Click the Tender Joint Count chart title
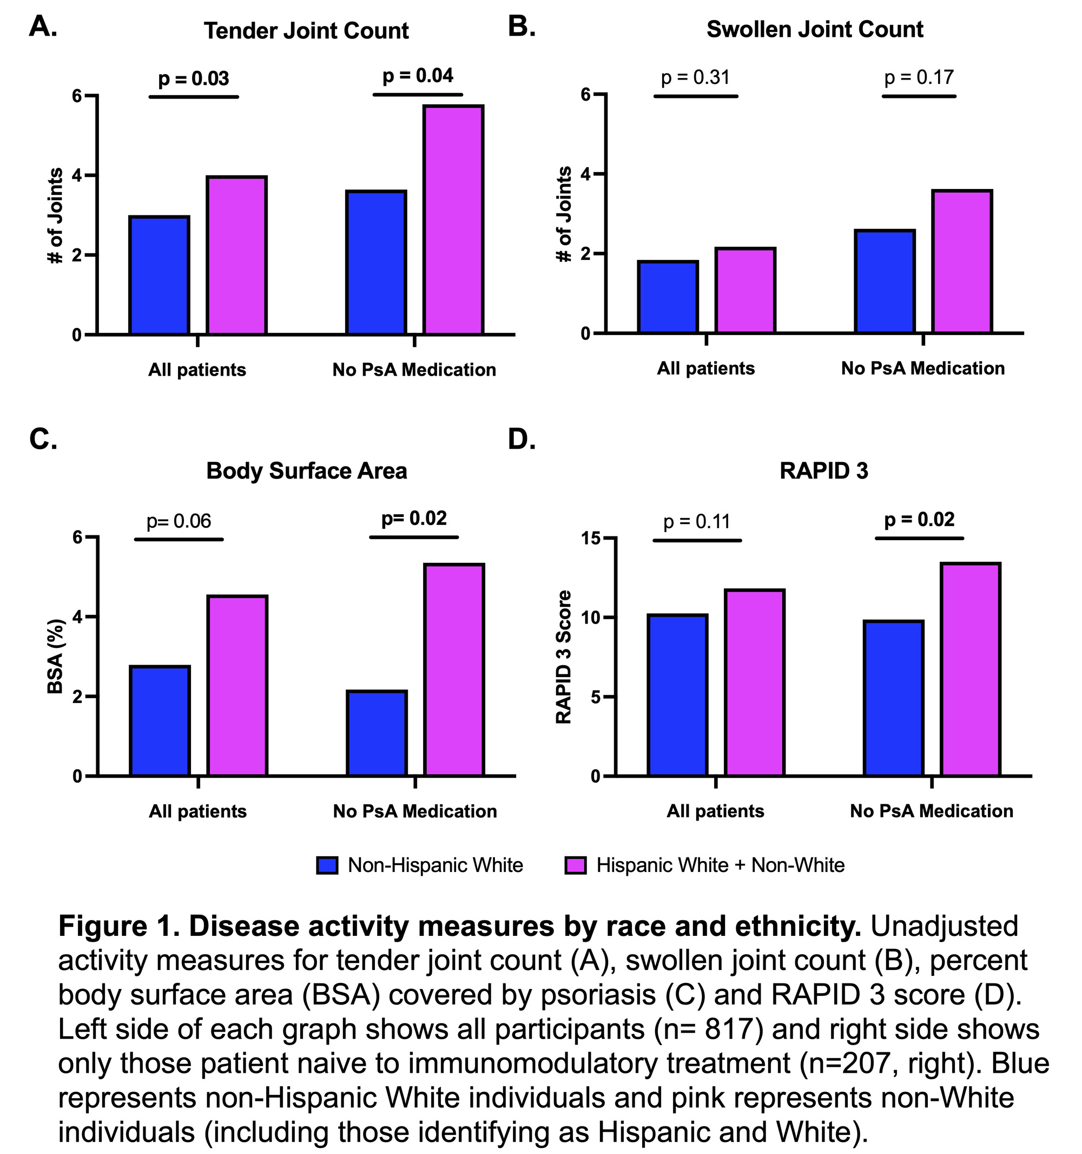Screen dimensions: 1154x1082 [x=306, y=31]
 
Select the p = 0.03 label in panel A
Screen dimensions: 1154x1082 [x=194, y=78]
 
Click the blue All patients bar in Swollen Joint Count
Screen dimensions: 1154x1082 [x=668, y=297]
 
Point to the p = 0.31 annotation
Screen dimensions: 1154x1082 [x=695, y=77]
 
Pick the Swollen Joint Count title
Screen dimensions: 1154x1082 [x=815, y=30]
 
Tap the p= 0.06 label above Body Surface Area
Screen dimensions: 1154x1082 [x=179, y=521]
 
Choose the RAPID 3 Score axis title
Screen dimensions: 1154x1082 [x=564, y=657]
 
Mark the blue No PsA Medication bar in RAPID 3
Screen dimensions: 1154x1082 [x=893, y=698]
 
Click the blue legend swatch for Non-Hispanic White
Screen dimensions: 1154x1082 [x=327, y=866]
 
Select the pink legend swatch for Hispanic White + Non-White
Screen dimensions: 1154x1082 [x=576, y=866]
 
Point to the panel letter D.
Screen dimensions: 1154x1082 [x=522, y=440]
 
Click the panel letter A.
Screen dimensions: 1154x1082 [x=43, y=27]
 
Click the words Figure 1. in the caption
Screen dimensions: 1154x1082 [x=119, y=927]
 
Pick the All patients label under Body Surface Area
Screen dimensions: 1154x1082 [x=198, y=811]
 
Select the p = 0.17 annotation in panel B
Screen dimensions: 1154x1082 [x=919, y=77]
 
